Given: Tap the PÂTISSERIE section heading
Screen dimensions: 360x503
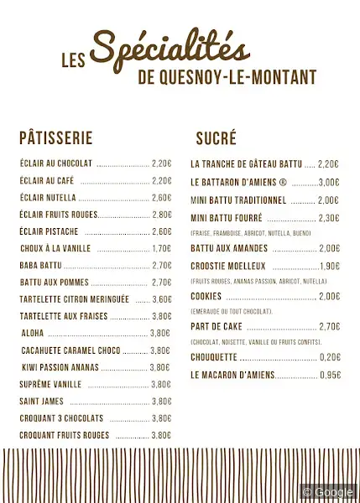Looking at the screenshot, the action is tap(55, 138).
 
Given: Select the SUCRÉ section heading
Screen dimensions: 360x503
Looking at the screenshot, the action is tap(216, 138).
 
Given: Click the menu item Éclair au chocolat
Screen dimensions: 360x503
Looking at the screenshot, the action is tap(56, 163).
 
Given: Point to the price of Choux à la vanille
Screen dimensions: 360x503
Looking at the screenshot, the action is tap(162, 248).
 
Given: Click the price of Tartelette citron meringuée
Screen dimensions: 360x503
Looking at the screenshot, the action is tap(162, 299).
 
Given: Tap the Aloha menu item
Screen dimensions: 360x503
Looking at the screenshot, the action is tap(33, 333).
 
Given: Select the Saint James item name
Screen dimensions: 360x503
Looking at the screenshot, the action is tap(41, 401).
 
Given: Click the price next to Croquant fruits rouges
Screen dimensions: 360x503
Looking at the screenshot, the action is tap(161, 435).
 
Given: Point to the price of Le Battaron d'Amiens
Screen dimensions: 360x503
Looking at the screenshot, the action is tap(329, 182).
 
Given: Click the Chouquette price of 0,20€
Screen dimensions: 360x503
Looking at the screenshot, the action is tap(330, 357).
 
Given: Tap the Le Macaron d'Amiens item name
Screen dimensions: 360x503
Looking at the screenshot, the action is tap(232, 375).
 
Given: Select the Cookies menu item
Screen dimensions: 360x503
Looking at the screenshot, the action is tap(206, 296).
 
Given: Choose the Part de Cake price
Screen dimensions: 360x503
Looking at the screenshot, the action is tap(330, 327).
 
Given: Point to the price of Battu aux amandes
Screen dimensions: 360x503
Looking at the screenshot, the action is tap(330, 248).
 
